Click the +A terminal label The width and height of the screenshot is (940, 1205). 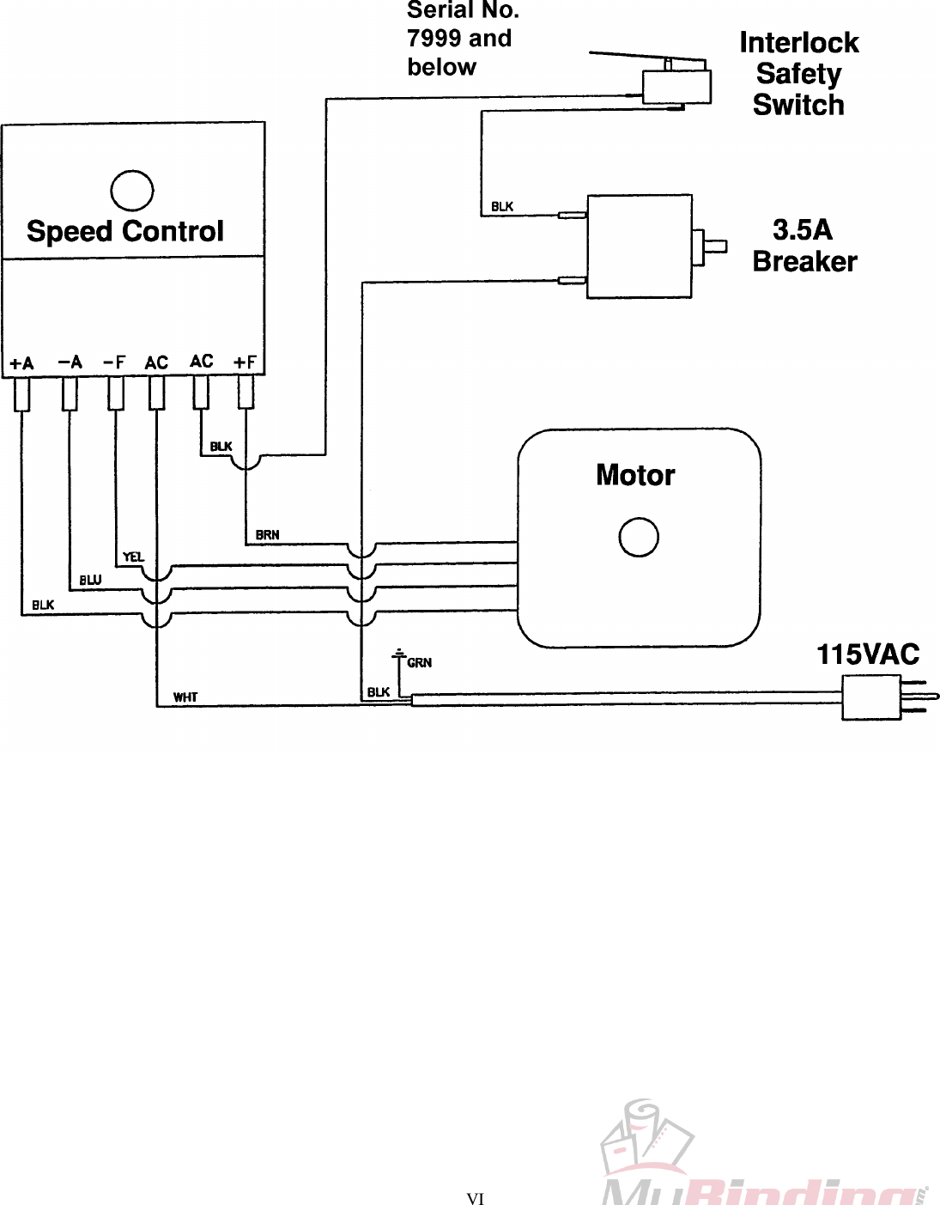point(21,363)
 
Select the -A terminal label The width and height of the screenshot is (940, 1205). point(70,362)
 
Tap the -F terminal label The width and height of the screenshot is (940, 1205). point(113,362)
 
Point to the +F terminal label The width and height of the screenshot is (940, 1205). point(246,362)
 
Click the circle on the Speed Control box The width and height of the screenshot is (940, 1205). point(132,191)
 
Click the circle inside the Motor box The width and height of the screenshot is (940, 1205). point(639,538)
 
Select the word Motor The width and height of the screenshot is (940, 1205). point(635,475)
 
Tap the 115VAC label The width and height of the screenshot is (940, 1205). point(867,654)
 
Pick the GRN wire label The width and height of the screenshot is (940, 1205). point(419,663)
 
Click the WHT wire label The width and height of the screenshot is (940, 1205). point(185,697)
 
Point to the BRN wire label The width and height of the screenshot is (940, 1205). point(267,535)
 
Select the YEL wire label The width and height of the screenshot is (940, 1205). point(133,557)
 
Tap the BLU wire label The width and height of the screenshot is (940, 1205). point(90,581)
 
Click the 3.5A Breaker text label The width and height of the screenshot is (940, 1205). point(804,246)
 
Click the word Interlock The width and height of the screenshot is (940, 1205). point(798,43)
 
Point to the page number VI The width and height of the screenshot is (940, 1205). point(475,1199)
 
